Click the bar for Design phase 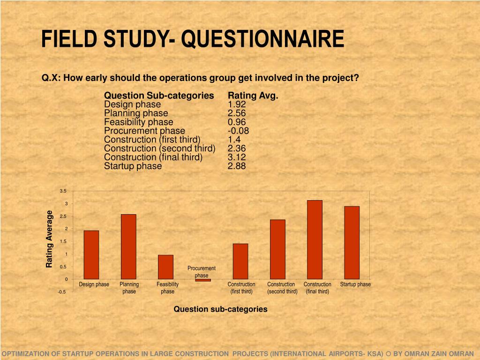91,255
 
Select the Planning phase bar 128,247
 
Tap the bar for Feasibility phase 165,267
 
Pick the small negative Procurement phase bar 203,280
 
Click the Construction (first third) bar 240,261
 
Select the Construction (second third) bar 277,249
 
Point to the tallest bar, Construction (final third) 315,240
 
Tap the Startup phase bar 352,243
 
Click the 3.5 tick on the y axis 63,191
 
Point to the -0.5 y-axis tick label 62,292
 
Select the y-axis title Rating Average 49,240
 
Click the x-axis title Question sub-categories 220,309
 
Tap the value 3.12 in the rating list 237,157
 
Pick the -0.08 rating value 238,131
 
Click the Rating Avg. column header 253,96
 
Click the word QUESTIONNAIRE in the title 262,39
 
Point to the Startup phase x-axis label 355,285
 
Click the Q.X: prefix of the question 52,78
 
